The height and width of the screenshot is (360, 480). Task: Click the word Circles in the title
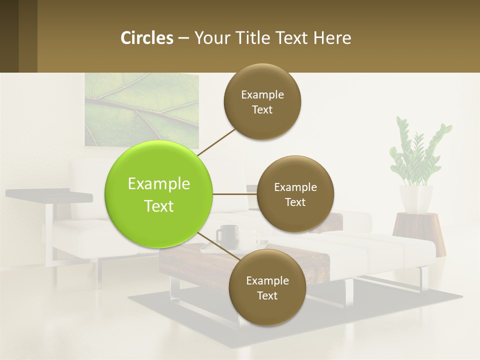tap(147, 38)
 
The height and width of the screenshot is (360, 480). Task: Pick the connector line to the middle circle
tap(235, 194)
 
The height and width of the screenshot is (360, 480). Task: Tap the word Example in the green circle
tap(159, 184)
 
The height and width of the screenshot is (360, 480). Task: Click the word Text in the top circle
tap(262, 110)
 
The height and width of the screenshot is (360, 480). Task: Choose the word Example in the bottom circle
tap(267, 281)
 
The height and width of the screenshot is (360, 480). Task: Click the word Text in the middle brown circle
tap(295, 202)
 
